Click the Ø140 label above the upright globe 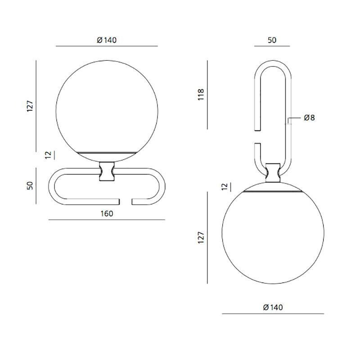pos(107,40)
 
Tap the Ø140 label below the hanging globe pos(273,308)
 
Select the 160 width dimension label pos(107,214)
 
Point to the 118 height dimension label pos(201,94)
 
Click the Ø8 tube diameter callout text pos(309,118)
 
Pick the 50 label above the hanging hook pos(272,40)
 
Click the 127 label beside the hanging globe pos(201,237)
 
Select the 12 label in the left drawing pos(49,155)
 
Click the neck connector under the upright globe pos(107,172)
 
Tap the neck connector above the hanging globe pos(273,172)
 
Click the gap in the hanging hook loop pos(257,137)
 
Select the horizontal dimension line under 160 pos(107,220)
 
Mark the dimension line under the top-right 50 pos(272,46)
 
